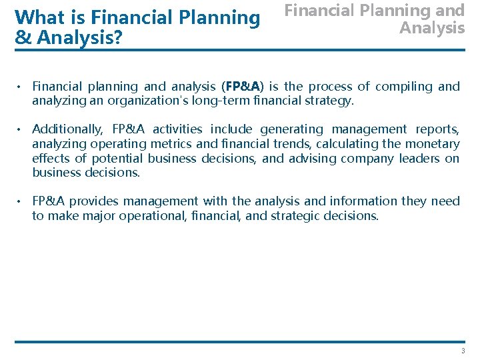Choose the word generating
[293, 129]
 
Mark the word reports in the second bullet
[437, 129]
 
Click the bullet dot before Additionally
[21, 129]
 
